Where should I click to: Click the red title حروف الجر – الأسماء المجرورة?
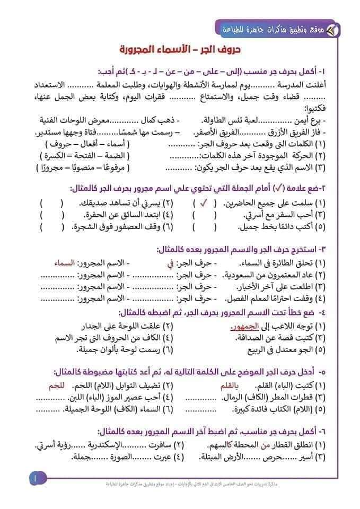(x=180, y=50)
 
